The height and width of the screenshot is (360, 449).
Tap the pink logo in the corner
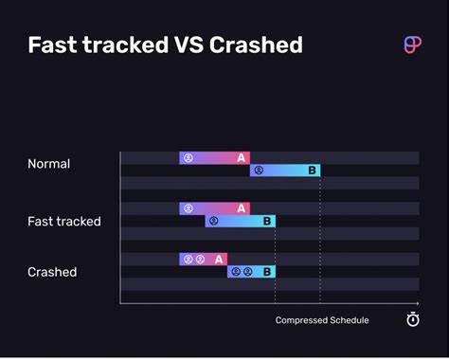click(x=412, y=45)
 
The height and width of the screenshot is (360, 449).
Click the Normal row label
click(x=48, y=164)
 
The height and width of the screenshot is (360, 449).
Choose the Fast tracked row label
click(x=63, y=222)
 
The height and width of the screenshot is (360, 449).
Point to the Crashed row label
click(x=52, y=272)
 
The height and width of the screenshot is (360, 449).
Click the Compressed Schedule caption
click(x=322, y=320)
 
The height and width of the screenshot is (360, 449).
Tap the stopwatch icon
click(x=413, y=319)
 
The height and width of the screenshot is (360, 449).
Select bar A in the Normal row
click(x=214, y=158)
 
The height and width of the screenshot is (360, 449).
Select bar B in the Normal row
click(x=285, y=171)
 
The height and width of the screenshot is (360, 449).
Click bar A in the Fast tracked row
click(x=214, y=208)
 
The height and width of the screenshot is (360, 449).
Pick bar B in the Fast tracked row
click(x=240, y=221)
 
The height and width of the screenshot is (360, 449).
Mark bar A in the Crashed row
click(x=204, y=259)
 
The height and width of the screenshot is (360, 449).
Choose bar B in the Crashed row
click(x=251, y=271)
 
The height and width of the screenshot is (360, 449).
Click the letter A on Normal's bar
click(x=242, y=158)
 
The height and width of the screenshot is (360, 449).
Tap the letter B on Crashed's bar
click(x=267, y=272)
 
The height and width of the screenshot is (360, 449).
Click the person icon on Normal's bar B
click(x=260, y=171)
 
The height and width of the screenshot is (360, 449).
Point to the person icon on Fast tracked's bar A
click(x=188, y=208)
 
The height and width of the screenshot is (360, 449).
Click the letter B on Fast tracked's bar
click(x=267, y=221)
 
